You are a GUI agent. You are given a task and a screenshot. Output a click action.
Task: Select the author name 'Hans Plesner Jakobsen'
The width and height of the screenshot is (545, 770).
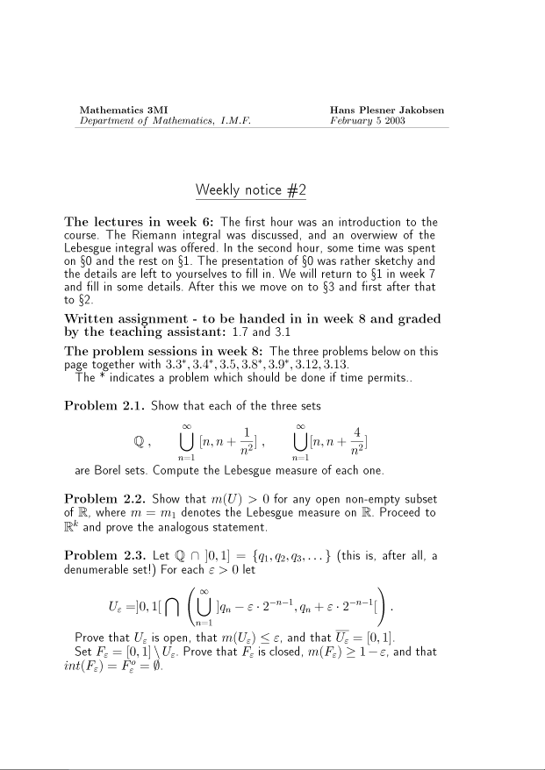[386, 110]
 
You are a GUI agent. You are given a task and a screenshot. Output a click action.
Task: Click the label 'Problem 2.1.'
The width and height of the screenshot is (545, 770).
[104, 406]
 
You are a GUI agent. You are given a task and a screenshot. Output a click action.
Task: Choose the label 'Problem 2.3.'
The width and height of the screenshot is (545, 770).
[104, 556]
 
